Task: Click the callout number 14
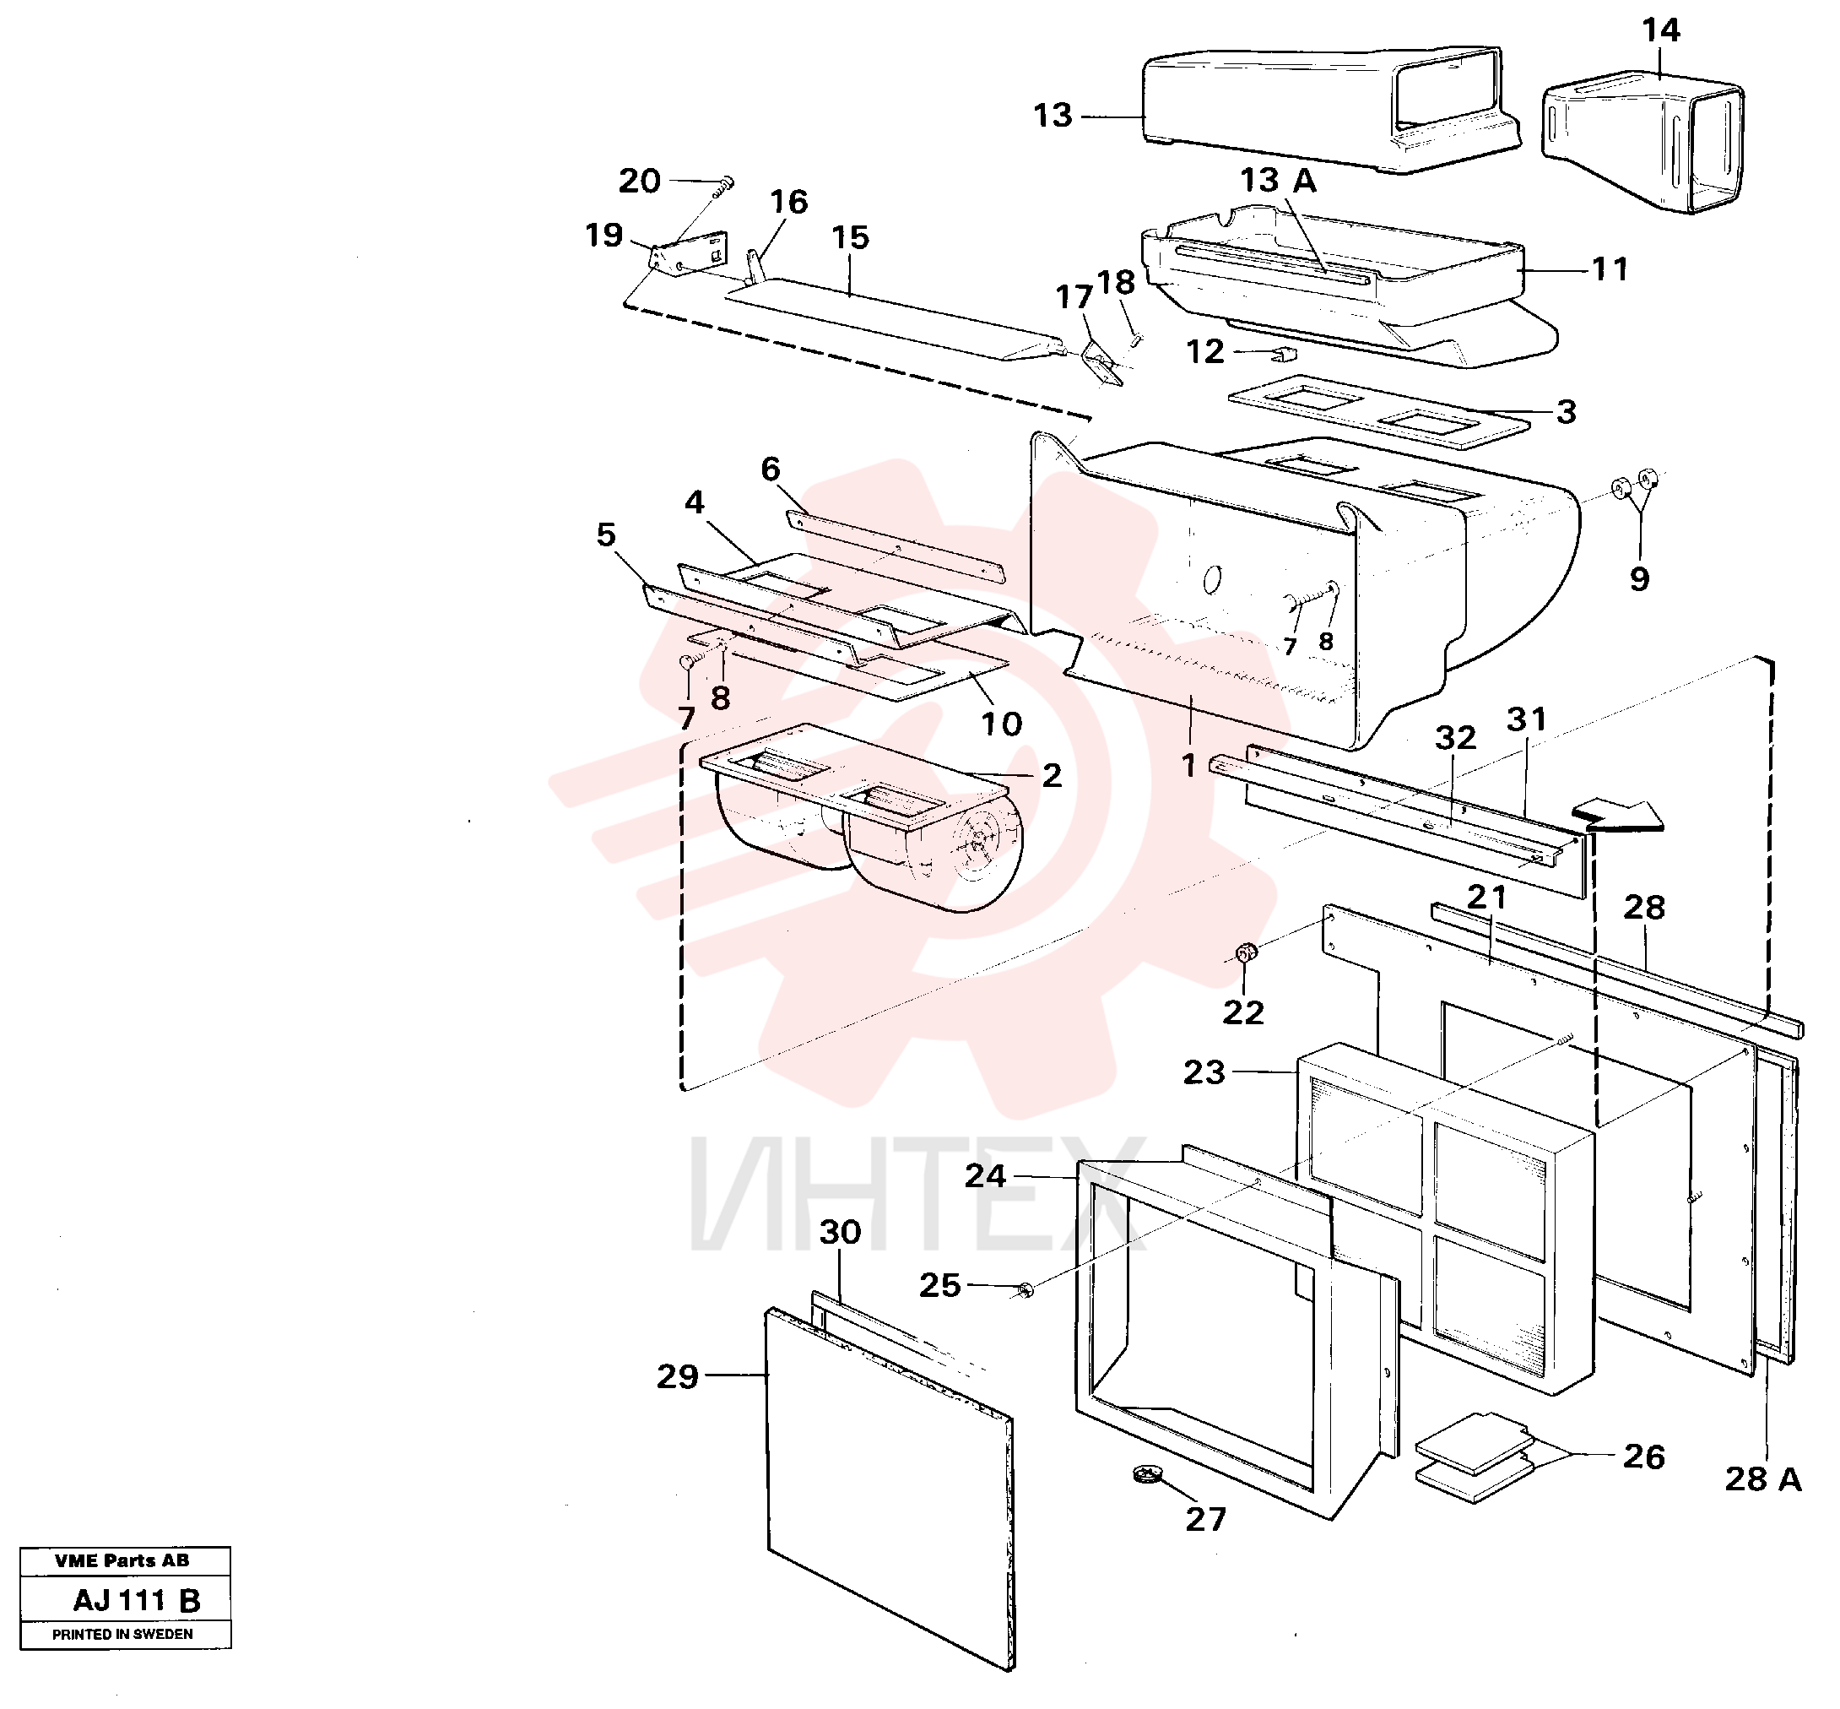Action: tap(1659, 30)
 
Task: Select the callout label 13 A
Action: tap(1278, 181)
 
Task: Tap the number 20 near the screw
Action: tap(640, 182)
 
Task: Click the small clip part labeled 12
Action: tap(1284, 352)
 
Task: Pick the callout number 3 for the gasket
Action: tap(1566, 412)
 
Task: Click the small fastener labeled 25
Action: tap(1024, 1289)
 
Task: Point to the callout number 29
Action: tap(678, 1377)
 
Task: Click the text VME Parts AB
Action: tap(122, 1561)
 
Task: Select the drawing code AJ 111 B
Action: tap(137, 1601)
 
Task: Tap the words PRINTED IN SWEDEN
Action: tap(123, 1634)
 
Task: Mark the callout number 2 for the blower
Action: tap(1052, 776)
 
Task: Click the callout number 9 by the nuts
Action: tap(1639, 580)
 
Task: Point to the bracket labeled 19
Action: tap(690, 255)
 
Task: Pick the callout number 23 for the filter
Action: tap(1204, 1072)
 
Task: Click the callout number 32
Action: tap(1455, 738)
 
